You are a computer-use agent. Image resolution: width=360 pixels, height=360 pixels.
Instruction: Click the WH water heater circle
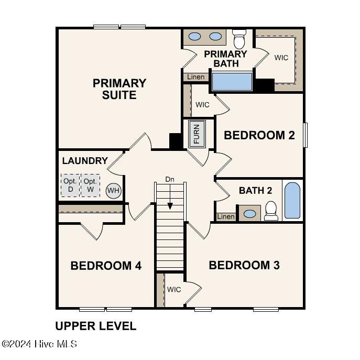[113, 191]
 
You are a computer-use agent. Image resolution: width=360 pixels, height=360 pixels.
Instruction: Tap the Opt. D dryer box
[70, 186]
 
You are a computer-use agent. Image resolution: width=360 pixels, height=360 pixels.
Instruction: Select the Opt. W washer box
[90, 186]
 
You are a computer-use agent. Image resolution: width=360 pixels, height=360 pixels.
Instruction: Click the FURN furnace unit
[197, 134]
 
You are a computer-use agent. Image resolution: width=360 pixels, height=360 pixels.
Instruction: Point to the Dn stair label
[170, 179]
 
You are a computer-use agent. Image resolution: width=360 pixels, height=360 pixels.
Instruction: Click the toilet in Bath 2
[271, 211]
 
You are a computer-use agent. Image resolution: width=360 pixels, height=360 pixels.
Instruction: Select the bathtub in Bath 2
[292, 200]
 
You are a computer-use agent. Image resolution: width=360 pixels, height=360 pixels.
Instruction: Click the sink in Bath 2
[250, 214]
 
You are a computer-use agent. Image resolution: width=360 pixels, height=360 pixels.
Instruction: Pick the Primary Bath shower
[232, 82]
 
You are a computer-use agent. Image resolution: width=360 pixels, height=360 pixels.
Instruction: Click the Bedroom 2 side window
[306, 135]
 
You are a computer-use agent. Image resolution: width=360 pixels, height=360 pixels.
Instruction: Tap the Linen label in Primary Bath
[195, 77]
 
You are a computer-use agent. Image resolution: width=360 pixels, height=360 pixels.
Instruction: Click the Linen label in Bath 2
[226, 216]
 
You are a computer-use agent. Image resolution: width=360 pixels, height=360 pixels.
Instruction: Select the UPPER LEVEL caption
[96, 326]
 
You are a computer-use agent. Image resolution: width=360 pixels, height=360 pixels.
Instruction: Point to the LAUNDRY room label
[85, 161]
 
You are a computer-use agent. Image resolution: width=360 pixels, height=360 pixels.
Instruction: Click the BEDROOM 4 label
[106, 266]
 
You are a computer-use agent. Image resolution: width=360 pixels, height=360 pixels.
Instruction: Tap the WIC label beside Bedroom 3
[174, 289]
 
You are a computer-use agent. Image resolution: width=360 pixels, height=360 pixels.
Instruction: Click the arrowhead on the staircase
[170, 206]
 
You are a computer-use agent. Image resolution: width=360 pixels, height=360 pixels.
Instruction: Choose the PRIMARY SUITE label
[119, 89]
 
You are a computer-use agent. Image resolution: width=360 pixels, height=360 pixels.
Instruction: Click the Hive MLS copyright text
[39, 344]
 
